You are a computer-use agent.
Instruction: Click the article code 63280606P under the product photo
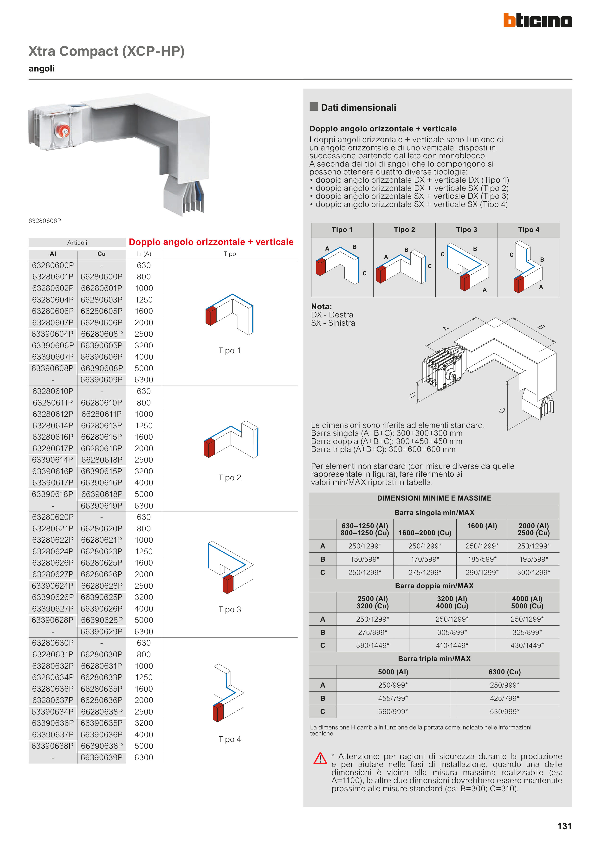click(45, 221)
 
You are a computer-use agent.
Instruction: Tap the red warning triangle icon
click(320, 758)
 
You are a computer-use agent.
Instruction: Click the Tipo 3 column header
click(466, 230)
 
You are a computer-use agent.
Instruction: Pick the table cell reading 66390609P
click(102, 380)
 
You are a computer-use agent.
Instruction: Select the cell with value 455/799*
click(393, 698)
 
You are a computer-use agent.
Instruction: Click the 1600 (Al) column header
click(482, 526)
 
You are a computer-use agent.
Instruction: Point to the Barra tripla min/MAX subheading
click(434, 659)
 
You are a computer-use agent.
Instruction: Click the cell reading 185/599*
click(482, 559)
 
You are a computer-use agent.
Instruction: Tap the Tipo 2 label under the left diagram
click(230, 477)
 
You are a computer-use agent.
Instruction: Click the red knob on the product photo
click(63, 130)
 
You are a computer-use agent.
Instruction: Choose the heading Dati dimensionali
click(358, 108)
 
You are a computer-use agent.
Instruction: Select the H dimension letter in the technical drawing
click(412, 395)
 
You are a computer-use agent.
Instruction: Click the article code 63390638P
click(52, 746)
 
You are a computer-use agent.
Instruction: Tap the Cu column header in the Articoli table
click(102, 254)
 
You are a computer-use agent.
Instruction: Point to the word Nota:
click(321, 307)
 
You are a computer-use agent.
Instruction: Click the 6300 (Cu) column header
click(504, 672)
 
